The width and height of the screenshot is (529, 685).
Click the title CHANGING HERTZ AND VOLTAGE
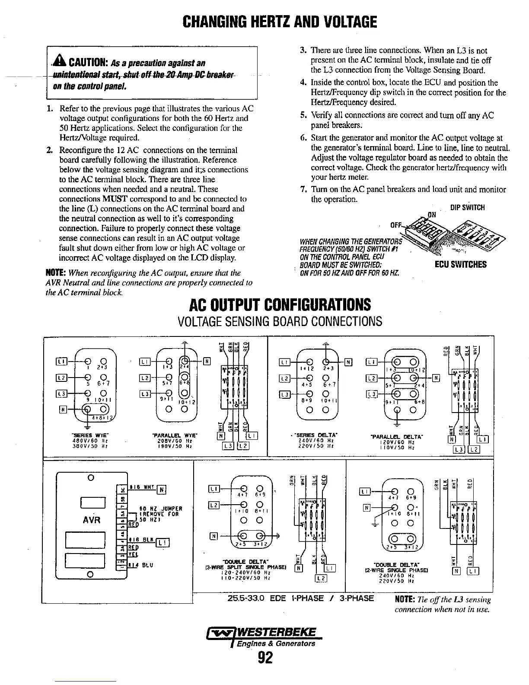point(279,21)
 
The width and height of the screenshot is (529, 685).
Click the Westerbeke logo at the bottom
point(265,637)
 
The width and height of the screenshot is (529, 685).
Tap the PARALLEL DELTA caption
point(398,437)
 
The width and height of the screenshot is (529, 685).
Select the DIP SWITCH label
point(467,208)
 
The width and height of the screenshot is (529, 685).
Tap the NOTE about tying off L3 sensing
point(443,604)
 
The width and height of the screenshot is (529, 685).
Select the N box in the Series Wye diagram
point(61,410)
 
